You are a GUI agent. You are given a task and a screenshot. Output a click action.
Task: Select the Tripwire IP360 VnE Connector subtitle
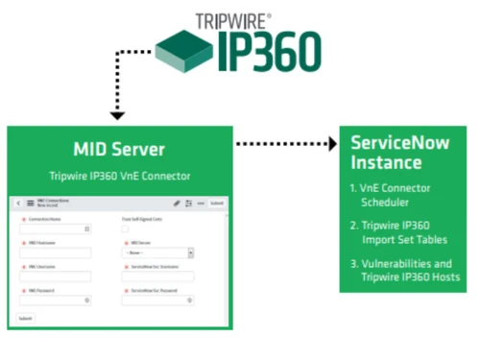119,176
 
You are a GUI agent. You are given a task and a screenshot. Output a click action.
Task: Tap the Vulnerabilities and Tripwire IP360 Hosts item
403,270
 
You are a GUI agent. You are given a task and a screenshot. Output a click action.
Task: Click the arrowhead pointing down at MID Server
116,116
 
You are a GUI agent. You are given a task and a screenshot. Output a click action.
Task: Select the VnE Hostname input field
54,253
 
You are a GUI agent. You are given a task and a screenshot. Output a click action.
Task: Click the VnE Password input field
54,300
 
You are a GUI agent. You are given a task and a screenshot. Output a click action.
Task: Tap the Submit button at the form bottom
27,318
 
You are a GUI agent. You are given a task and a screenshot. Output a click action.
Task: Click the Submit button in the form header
217,204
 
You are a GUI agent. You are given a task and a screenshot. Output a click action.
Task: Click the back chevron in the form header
18,204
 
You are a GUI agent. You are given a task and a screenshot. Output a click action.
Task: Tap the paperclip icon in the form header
176,204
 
